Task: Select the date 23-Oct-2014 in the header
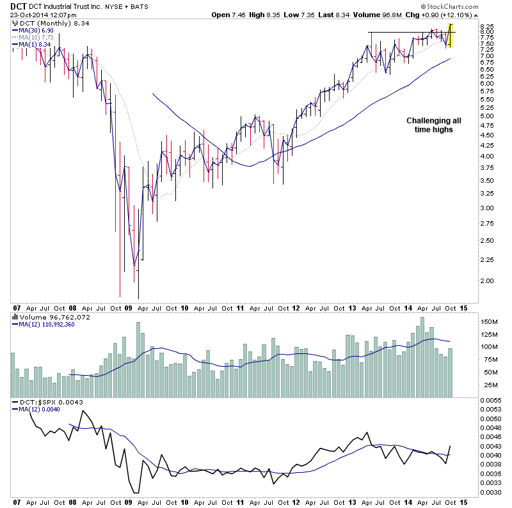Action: point(31,16)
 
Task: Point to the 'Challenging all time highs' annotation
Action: point(433,125)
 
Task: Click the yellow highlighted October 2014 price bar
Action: point(451,36)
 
